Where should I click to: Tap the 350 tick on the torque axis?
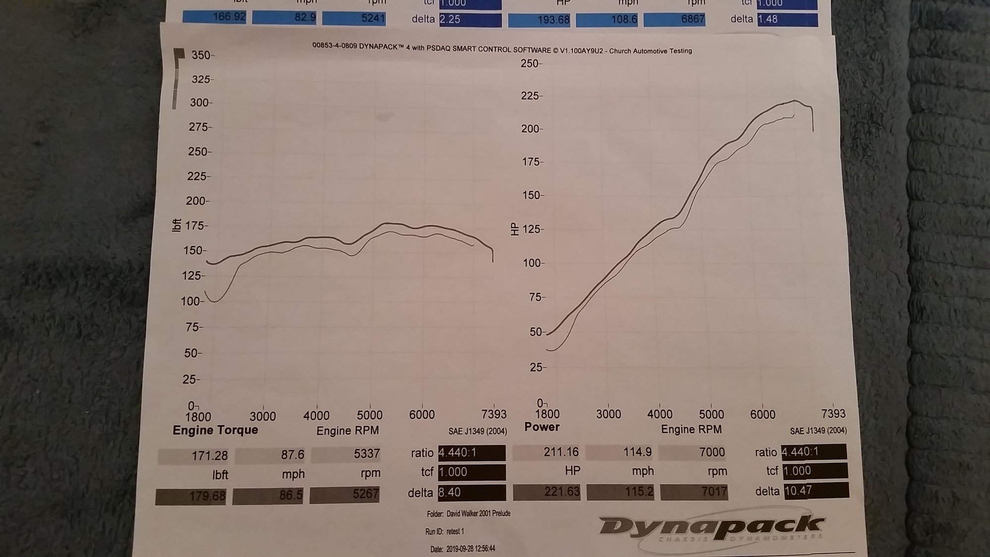201,55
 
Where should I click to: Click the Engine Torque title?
215,430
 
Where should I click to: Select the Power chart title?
542,427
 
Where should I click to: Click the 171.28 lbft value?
210,455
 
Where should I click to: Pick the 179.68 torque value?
207,496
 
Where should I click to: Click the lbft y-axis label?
176,225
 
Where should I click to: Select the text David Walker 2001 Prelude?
478,513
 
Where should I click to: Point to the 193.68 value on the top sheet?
551,20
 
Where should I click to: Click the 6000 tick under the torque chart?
422,415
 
